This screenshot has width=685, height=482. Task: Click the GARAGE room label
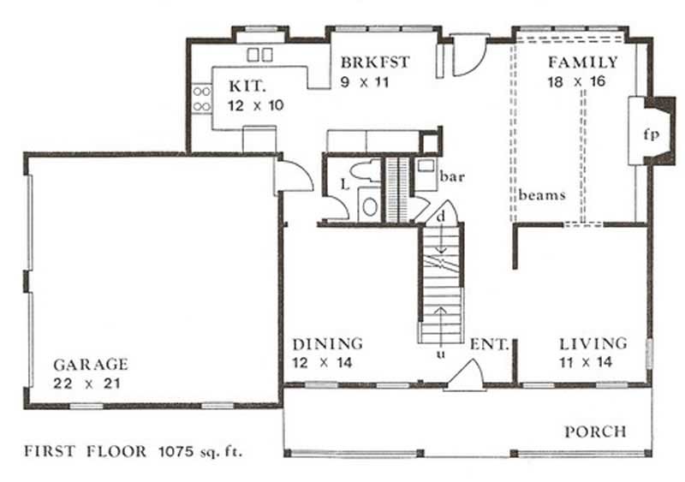click(91, 363)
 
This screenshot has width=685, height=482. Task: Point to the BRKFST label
click(375, 62)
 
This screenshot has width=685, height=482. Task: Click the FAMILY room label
click(583, 62)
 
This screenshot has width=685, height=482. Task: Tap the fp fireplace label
click(651, 135)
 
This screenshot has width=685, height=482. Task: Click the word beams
click(542, 194)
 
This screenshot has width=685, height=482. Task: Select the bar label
click(451, 177)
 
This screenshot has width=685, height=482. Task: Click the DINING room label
click(328, 343)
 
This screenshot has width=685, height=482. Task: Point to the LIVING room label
click(593, 343)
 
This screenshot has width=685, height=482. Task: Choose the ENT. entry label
click(491, 344)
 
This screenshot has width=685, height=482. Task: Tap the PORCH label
click(595, 431)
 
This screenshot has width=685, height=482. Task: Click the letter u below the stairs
click(440, 353)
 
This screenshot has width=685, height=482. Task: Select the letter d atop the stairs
click(441, 216)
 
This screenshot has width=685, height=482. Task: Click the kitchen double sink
click(259, 54)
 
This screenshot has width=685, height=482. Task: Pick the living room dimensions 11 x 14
click(591, 362)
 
